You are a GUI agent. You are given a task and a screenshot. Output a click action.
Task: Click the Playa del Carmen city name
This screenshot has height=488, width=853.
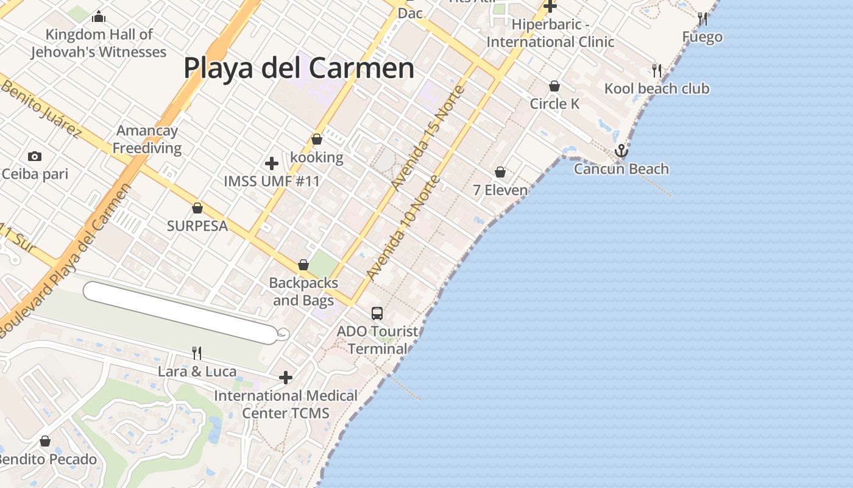click(299, 68)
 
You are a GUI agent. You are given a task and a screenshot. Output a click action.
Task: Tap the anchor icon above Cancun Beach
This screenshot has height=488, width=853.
click(621, 150)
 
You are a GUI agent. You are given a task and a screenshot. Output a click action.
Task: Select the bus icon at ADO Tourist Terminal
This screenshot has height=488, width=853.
click(377, 314)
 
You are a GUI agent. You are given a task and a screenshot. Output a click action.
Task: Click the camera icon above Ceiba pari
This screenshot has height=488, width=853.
click(35, 156)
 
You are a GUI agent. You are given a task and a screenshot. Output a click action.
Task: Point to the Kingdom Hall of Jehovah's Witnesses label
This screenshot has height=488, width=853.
click(99, 43)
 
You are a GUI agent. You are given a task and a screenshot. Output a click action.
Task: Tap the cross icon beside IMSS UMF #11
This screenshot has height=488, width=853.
click(272, 163)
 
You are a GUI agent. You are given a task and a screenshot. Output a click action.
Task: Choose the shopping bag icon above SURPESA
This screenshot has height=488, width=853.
click(197, 208)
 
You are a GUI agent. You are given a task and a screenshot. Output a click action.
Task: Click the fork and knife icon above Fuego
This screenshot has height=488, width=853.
click(703, 19)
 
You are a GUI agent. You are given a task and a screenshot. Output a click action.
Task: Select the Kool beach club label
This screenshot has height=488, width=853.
click(657, 88)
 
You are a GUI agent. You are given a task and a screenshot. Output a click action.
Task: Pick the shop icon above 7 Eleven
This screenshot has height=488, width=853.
click(500, 173)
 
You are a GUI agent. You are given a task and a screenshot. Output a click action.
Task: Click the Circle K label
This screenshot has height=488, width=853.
click(554, 104)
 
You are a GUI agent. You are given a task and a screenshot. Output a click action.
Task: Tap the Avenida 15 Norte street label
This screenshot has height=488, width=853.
click(428, 137)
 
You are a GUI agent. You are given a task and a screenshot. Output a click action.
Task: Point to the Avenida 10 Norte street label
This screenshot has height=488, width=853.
click(403, 228)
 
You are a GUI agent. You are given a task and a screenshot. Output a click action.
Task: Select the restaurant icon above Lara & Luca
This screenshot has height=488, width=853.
click(197, 353)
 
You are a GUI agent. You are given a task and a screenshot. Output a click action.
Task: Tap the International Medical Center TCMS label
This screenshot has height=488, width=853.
click(286, 404)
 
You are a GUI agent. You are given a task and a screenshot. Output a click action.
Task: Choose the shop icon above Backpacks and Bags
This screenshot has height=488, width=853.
click(303, 265)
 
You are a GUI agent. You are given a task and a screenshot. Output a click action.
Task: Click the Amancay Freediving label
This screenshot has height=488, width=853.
click(147, 139)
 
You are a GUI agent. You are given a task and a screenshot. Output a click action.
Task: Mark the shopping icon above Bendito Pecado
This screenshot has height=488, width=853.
click(45, 441)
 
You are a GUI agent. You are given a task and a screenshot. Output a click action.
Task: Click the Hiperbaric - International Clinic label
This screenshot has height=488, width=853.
click(550, 33)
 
